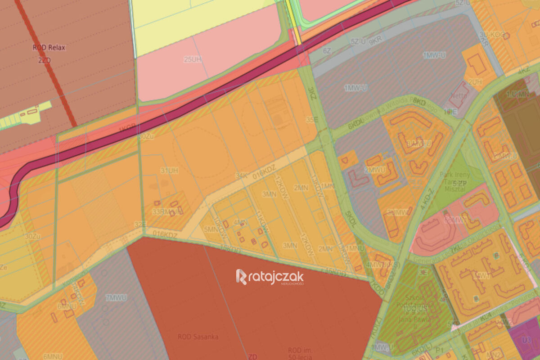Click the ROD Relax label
[x=49, y=47]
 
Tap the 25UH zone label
[x=192, y=59]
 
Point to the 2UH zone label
[x=475, y=81]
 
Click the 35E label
[x=312, y=120]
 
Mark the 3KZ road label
[x=311, y=94]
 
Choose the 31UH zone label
[x=169, y=171]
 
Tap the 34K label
[x=241, y=176]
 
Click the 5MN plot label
[x=210, y=229]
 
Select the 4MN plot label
[x=240, y=222]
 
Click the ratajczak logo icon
[x=241, y=277]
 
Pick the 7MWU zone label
[x=116, y=297]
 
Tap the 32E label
[x=140, y=224]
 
